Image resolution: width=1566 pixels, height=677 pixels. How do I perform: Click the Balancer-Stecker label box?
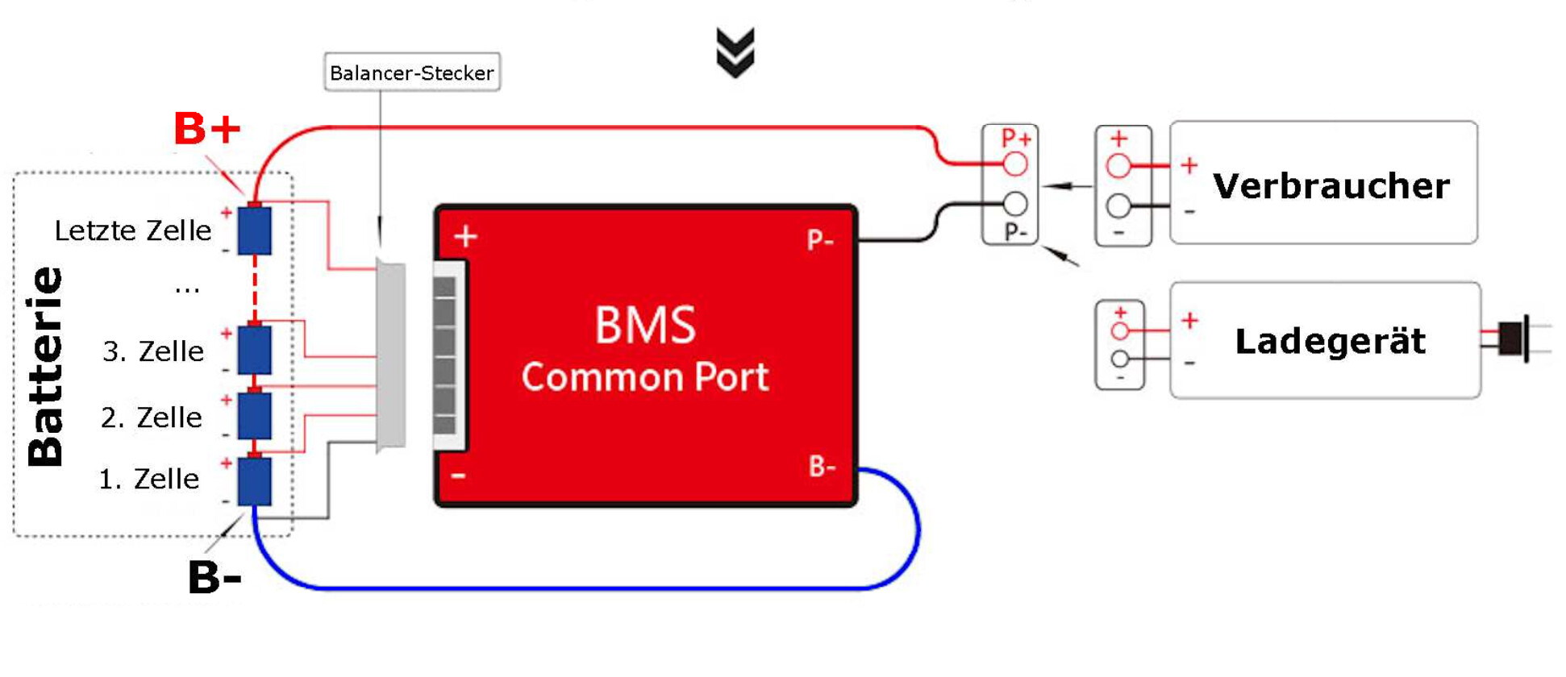tap(412, 72)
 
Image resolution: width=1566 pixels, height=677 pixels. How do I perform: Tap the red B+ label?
tap(207, 128)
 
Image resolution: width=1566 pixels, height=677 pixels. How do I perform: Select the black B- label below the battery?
tap(214, 578)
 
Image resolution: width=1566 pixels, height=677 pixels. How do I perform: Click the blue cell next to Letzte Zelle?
tap(255, 231)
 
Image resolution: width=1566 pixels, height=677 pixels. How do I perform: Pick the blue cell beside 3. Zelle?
tap(255, 350)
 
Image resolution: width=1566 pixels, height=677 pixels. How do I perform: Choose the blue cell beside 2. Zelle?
tap(255, 416)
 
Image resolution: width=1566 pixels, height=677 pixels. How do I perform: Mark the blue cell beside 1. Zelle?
tap(255, 481)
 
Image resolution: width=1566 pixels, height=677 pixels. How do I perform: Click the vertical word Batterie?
tap(44, 367)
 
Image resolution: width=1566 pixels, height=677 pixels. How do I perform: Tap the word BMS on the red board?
tap(645, 326)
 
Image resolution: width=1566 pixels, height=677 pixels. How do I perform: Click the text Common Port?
tap(645, 377)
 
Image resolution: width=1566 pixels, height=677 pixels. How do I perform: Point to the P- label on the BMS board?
tap(820, 239)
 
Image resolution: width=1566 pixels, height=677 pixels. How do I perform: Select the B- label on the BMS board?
tap(823, 466)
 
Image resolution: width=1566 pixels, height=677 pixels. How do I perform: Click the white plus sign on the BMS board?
tap(465, 236)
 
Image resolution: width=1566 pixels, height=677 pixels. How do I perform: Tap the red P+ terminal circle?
tap(1015, 164)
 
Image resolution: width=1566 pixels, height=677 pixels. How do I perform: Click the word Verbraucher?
tap(1331, 186)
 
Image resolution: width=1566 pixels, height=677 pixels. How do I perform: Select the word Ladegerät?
tap(1331, 341)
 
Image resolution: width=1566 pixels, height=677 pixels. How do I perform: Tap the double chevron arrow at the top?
tap(735, 52)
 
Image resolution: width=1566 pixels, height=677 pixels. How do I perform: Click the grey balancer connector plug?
tap(391, 356)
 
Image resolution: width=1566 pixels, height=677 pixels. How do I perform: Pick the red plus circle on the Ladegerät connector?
tap(1120, 330)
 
